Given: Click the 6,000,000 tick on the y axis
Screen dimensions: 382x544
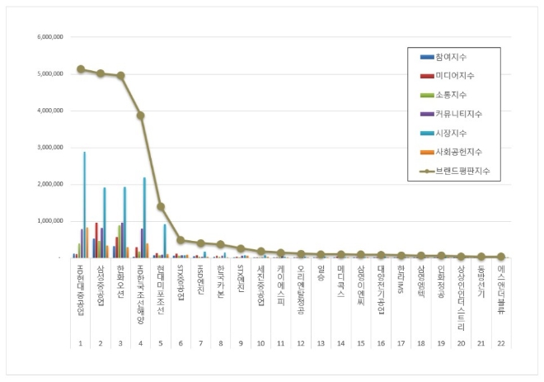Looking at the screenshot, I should click(x=53, y=37).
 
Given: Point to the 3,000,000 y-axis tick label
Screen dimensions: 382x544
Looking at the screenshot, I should click(x=53, y=148).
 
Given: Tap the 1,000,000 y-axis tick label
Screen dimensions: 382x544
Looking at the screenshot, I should click(x=53, y=221).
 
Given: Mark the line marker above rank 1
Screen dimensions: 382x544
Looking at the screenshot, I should click(x=80, y=69).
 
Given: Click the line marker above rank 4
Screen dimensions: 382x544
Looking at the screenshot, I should click(x=141, y=116).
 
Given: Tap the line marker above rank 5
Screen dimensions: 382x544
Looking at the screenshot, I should click(x=161, y=206).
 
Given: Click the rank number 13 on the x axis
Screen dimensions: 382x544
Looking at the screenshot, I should click(x=321, y=342).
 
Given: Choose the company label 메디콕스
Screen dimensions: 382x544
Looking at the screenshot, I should click(x=341, y=281).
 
